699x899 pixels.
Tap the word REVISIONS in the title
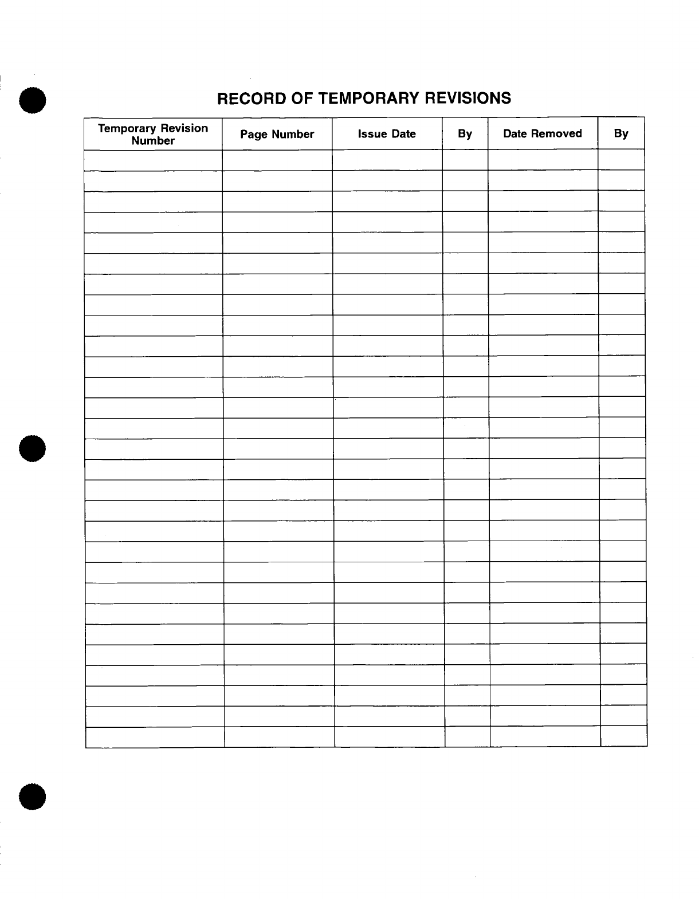(x=467, y=98)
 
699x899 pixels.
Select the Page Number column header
(x=277, y=135)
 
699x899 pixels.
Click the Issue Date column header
(x=387, y=134)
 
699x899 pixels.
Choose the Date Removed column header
(x=542, y=133)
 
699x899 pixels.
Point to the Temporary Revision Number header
(x=153, y=134)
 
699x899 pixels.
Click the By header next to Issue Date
(x=465, y=134)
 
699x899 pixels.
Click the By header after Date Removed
(x=621, y=133)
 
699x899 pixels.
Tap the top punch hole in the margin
(x=32, y=100)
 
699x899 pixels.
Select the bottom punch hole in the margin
(x=32, y=796)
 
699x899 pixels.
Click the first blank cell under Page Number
(x=277, y=160)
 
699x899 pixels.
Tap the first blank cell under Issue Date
(x=387, y=160)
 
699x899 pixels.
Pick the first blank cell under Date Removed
(x=543, y=160)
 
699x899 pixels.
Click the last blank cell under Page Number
(x=279, y=738)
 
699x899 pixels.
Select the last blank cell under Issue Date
(x=390, y=738)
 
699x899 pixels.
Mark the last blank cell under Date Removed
(x=545, y=738)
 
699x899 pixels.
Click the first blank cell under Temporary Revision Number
(x=153, y=160)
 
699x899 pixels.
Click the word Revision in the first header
(x=184, y=128)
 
